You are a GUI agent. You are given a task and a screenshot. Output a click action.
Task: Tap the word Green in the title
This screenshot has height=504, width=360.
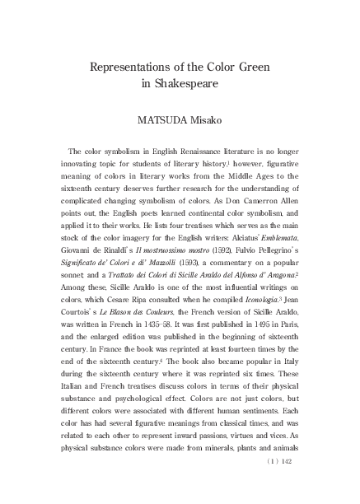[258, 67]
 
